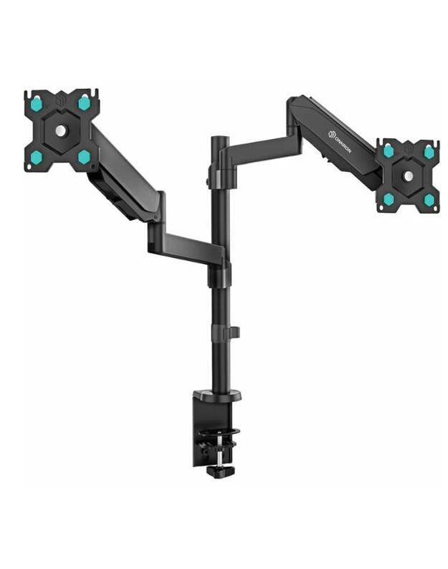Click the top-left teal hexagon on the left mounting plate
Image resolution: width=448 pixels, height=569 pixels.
36,105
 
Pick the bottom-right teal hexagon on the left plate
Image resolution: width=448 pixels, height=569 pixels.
85,157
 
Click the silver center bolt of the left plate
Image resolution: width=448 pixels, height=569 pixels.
61,130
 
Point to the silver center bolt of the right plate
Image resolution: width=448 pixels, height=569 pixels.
408,175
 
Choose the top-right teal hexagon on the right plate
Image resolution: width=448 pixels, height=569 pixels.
429,152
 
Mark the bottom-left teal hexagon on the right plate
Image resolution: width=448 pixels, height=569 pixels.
388,199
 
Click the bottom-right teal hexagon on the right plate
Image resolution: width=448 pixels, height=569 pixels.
429,199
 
